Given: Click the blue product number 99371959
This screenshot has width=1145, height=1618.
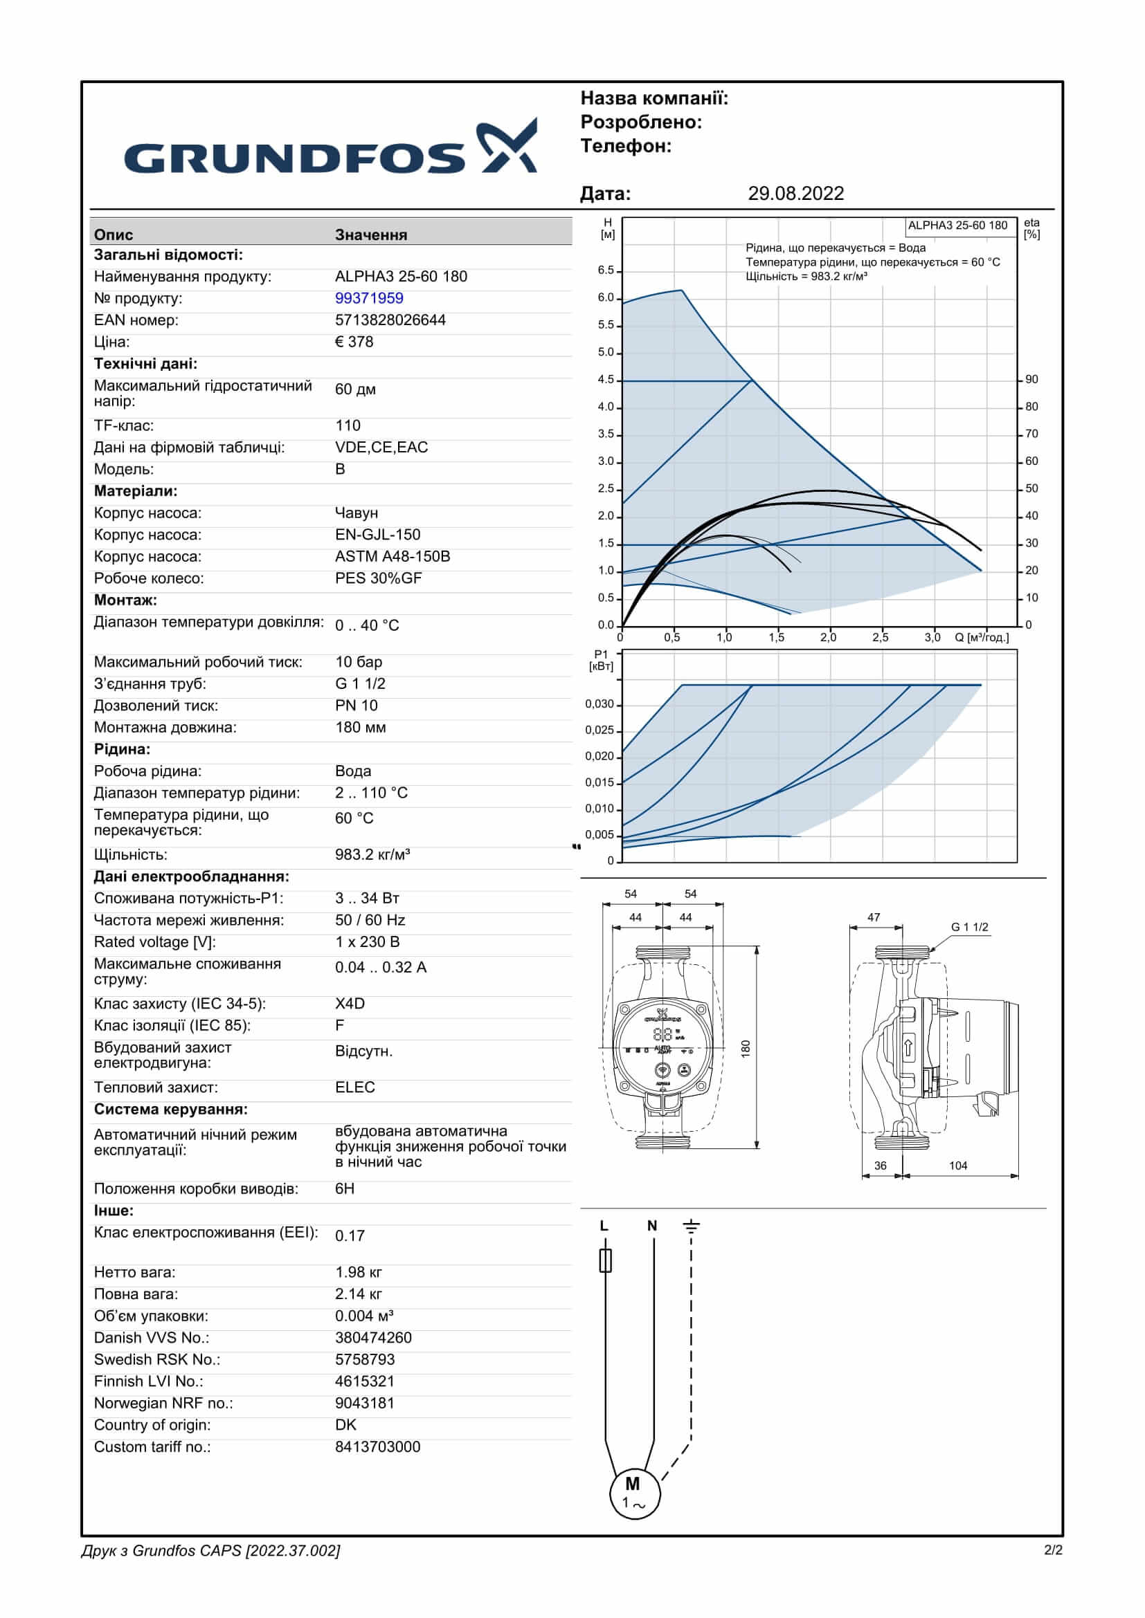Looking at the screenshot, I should pyautogui.click(x=369, y=298).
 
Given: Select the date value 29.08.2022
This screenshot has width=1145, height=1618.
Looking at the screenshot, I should pyautogui.click(x=795, y=194).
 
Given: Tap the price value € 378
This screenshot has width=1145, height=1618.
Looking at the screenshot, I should pyautogui.click(x=354, y=342).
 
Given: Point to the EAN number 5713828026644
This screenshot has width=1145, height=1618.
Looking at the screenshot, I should pyautogui.click(x=390, y=320).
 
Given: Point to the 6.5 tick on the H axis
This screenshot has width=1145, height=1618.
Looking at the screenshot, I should pyautogui.click(x=606, y=270).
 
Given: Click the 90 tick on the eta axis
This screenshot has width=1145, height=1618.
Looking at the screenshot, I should pyautogui.click(x=1031, y=380).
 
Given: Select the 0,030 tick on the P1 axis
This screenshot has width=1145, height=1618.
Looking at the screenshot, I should pyautogui.click(x=599, y=704).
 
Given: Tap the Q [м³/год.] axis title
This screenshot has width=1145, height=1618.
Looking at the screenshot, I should pyautogui.click(x=982, y=638).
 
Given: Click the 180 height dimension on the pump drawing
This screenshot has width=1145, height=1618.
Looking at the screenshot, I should pyautogui.click(x=746, y=1049).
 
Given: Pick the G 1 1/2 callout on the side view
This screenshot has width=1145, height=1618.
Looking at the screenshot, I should pyautogui.click(x=969, y=928).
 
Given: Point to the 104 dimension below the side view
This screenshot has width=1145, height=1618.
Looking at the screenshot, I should pyautogui.click(x=957, y=1166).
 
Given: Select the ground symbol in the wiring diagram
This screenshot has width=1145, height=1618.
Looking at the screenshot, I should pyautogui.click(x=691, y=1226).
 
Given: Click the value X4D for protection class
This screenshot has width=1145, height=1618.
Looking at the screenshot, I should pyautogui.click(x=350, y=1004).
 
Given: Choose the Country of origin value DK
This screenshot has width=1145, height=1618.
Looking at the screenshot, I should pyautogui.click(x=345, y=1425).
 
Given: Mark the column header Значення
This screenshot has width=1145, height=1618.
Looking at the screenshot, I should pyautogui.click(x=371, y=235).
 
